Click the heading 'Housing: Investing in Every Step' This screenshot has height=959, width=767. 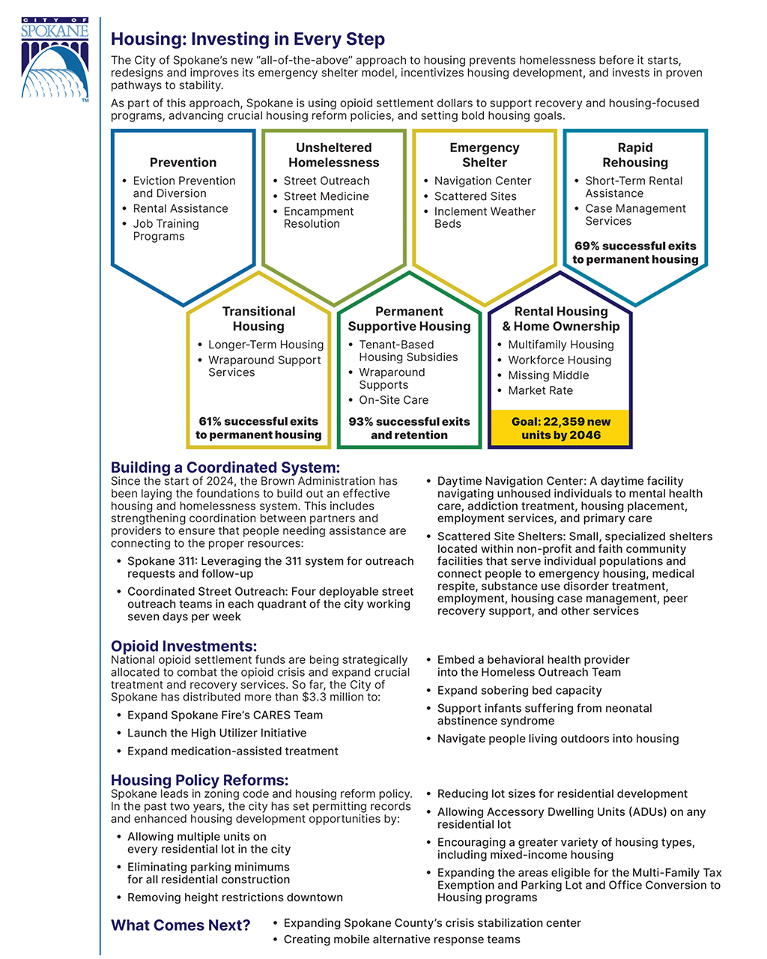(x=248, y=39)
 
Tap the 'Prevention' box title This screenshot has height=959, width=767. (x=183, y=163)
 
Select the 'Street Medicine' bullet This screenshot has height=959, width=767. (x=326, y=196)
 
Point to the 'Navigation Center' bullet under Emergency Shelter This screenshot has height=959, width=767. (x=482, y=181)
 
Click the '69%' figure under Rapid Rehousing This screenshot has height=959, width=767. (x=588, y=246)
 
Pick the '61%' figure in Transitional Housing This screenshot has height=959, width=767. (x=210, y=422)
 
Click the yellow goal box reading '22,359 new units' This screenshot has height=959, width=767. (x=560, y=428)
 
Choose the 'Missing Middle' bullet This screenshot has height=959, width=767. (x=548, y=375)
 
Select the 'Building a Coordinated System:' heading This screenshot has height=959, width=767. (x=225, y=468)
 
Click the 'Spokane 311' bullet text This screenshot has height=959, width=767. (x=270, y=567)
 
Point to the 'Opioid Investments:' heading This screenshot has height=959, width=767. (x=184, y=646)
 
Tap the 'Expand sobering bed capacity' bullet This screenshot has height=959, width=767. (x=519, y=690)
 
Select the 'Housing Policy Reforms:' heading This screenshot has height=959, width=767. (x=200, y=780)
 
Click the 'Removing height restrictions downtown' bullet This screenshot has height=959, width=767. (x=234, y=898)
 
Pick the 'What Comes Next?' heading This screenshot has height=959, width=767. (x=181, y=925)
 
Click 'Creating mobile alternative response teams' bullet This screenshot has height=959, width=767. (x=401, y=940)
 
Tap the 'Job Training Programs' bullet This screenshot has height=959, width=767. (x=166, y=230)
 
